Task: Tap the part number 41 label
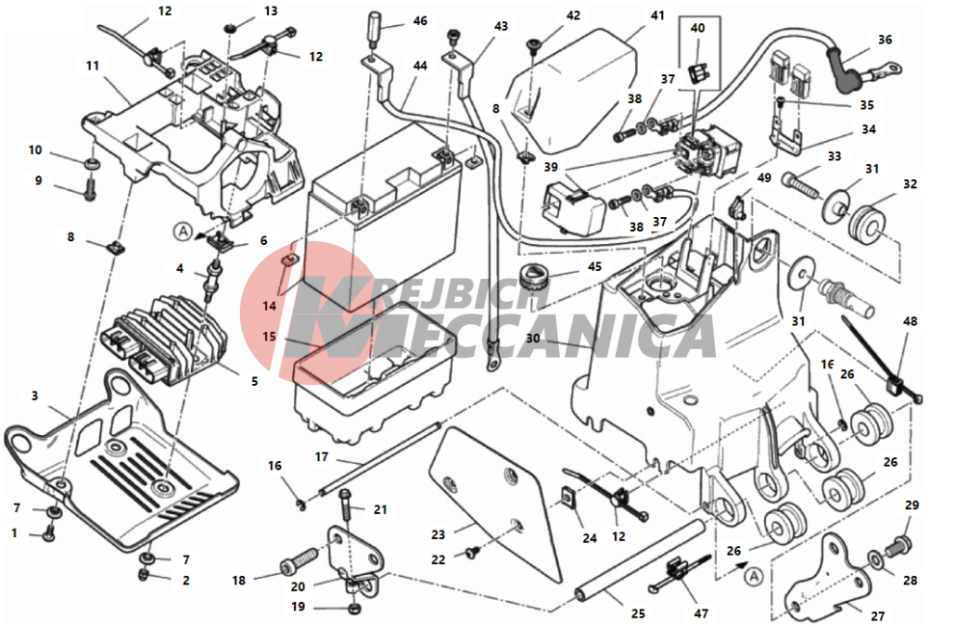pos(657,15)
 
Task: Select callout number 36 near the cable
pos(885,40)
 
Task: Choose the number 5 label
pos(254,381)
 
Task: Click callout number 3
pos(35,395)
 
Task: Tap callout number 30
pos(533,339)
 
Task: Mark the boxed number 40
pos(698,29)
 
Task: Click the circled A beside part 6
pos(182,231)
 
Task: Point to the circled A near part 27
pos(753,575)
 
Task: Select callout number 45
pos(595,266)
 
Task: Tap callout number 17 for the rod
pos(321,455)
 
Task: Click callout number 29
pos(912,505)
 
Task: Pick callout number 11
pos(93,66)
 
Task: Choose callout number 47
pos(701,613)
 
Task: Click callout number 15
pos(270,337)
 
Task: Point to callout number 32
pos(910,184)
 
